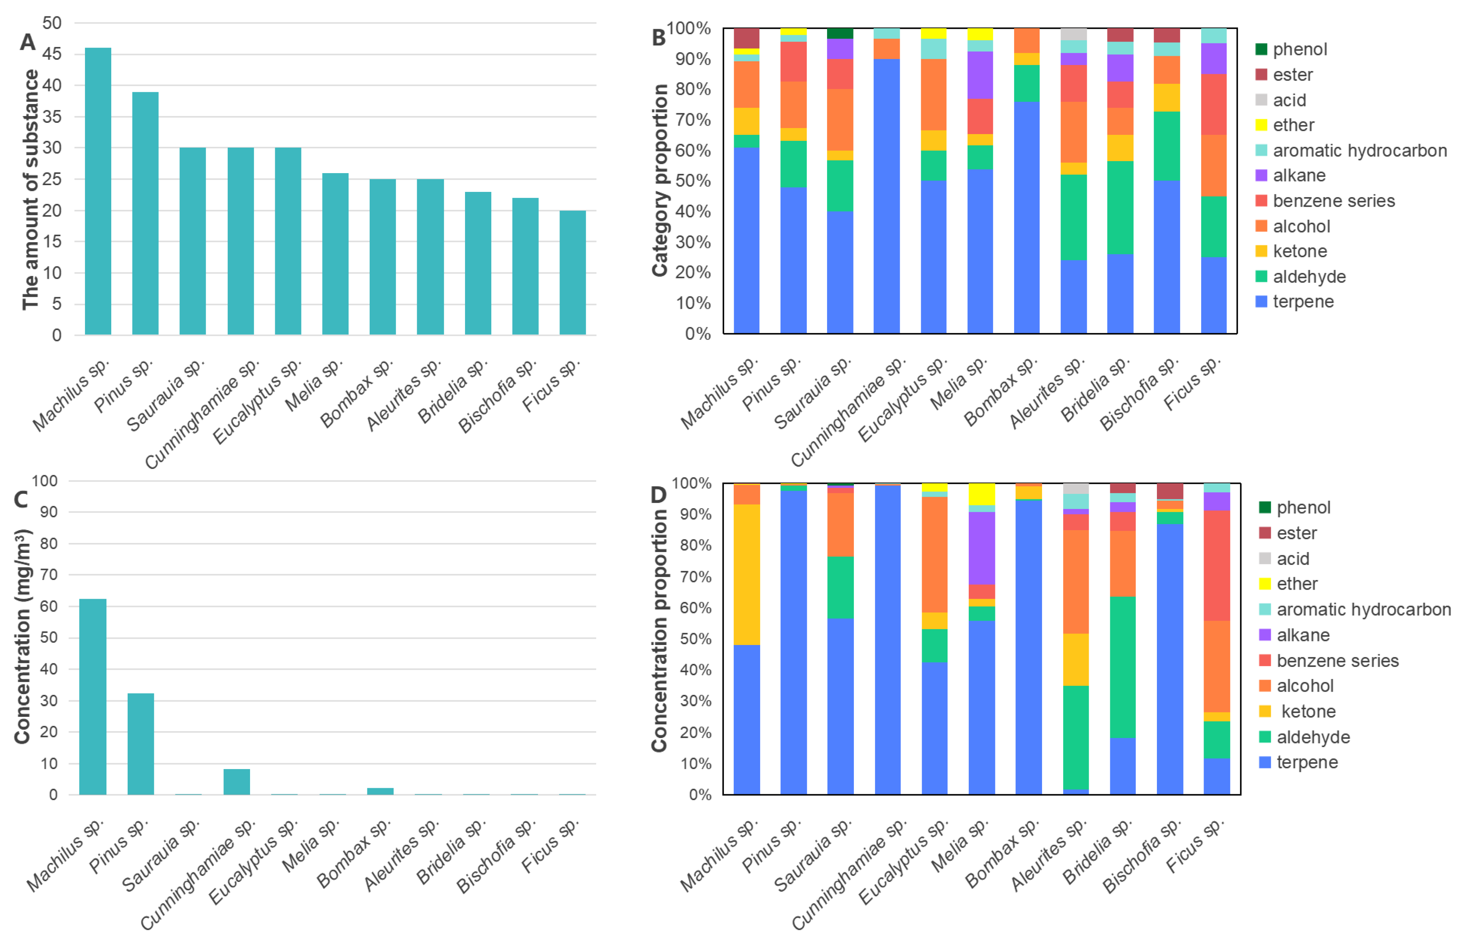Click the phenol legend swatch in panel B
[x=1261, y=49]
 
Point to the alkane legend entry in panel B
[x=1291, y=176]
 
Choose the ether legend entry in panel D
[x=1288, y=584]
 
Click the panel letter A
[x=28, y=42]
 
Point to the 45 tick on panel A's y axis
[x=52, y=54]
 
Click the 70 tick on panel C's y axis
[x=48, y=575]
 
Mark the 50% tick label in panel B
[x=693, y=181]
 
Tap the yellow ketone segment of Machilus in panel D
[x=747, y=574]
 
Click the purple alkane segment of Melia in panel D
[x=981, y=548]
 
